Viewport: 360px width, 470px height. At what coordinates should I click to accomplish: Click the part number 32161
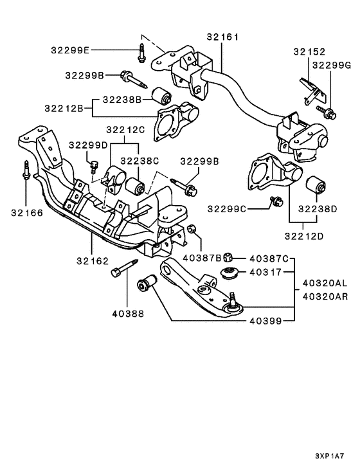(222, 37)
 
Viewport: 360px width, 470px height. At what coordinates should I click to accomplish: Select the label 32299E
(70, 50)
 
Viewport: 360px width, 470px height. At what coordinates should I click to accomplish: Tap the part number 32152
(309, 52)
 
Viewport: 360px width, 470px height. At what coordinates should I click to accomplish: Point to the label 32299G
(332, 66)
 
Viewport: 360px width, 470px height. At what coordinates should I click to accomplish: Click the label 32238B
(122, 100)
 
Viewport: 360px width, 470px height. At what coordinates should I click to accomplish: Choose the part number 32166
(27, 213)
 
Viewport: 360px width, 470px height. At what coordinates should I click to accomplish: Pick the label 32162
(93, 261)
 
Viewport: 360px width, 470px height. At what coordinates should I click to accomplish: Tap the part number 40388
(128, 314)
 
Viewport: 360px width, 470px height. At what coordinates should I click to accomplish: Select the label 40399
(265, 321)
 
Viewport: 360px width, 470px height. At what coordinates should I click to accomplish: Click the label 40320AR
(325, 296)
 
